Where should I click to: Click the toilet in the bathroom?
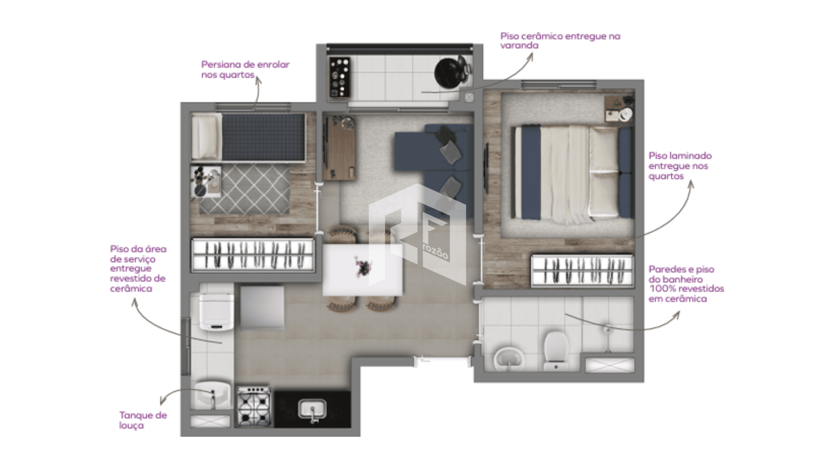pos(556,351)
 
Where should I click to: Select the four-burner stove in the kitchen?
pos(254,406)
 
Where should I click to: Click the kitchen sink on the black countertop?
pos(312,410)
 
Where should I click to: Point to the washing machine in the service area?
pos(217,312)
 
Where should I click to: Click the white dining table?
pos(362,270)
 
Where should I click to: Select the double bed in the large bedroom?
pos(571,172)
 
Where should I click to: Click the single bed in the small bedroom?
pos(248,137)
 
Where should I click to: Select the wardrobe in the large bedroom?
pos(581,271)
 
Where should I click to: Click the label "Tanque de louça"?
pos(143,420)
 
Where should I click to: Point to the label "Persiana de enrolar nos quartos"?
pos(245,69)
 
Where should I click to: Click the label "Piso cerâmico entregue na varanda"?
pos(560,41)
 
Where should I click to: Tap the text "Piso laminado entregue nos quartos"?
pos(680,166)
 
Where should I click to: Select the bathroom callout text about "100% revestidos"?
pos(686,284)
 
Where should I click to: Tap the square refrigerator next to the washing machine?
pos(262,307)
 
